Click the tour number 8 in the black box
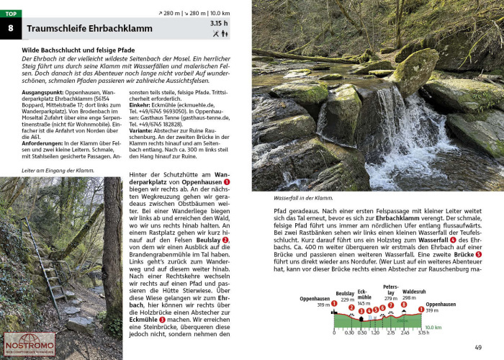(11, 30)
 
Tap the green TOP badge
(11, 14)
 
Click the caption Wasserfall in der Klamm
(303, 197)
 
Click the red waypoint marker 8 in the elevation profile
(403, 305)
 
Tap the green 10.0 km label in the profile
(432, 326)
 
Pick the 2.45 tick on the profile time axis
(405, 333)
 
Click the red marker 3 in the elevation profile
(361, 311)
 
